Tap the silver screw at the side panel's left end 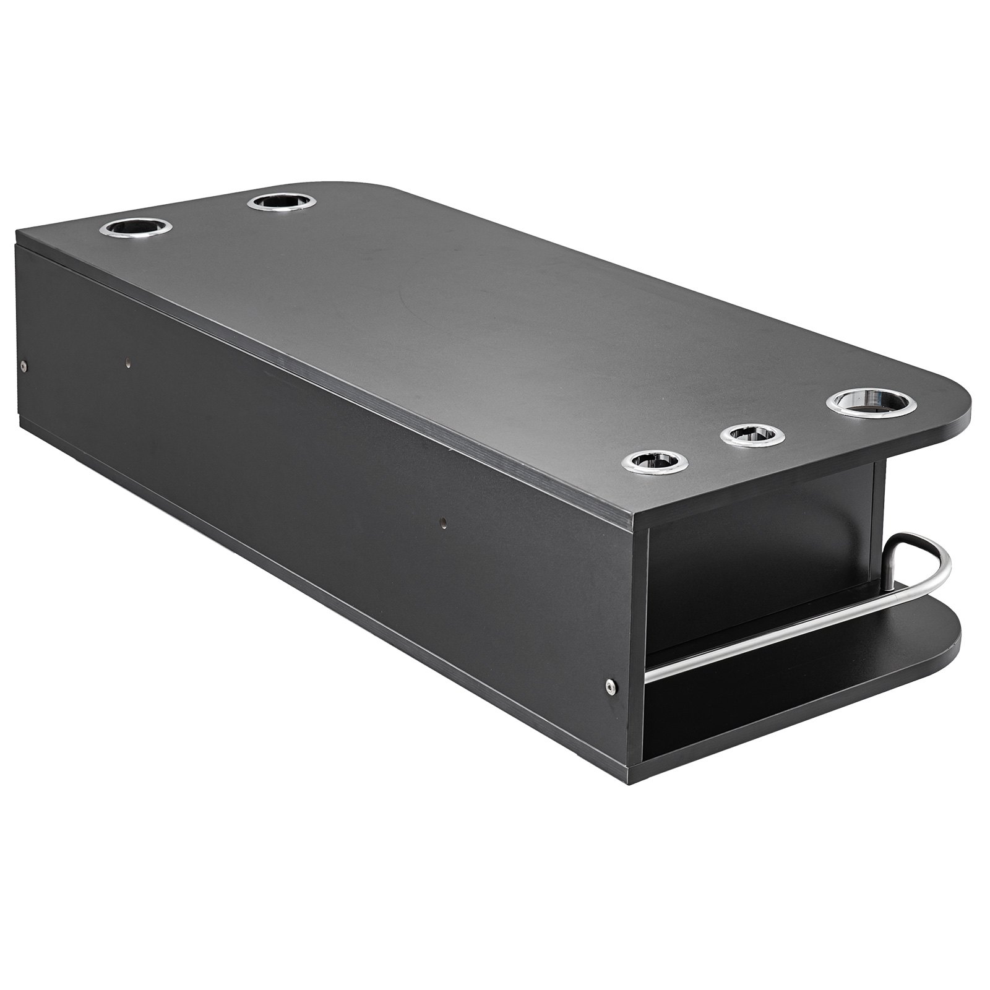(x=24, y=366)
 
